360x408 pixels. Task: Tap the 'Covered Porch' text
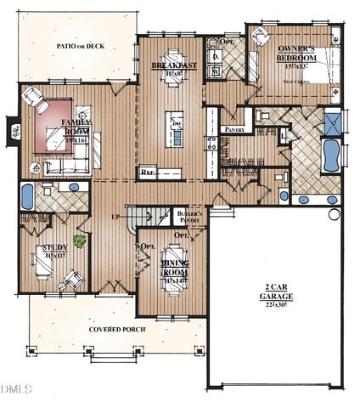click(115, 329)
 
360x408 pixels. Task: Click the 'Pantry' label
click(234, 129)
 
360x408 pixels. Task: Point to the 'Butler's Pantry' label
click(188, 217)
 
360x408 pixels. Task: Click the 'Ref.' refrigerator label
click(148, 173)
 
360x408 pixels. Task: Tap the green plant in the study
click(79, 241)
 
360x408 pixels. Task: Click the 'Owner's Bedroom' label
click(298, 56)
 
